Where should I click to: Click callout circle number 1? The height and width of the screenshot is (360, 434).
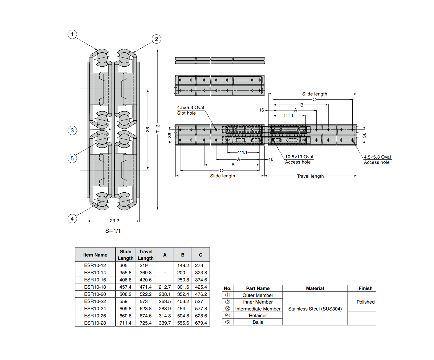[x=72, y=34]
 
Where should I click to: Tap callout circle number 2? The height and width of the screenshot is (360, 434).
[x=156, y=39]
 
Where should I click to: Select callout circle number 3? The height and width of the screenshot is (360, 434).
[x=72, y=130]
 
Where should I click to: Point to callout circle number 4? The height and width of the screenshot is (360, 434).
[x=72, y=219]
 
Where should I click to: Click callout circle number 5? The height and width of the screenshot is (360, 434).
[x=72, y=158]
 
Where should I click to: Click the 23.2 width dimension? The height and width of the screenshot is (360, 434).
[x=114, y=221]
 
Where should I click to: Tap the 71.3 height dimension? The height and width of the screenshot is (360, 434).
[x=158, y=128]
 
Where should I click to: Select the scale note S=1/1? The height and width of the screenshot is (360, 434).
[x=113, y=231]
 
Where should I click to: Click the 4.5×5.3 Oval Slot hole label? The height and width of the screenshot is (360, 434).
[x=190, y=110]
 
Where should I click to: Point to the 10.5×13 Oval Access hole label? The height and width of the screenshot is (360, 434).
[x=299, y=159]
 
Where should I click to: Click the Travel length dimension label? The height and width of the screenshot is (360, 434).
[x=310, y=176]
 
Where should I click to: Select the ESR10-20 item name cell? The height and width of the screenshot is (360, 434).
[x=95, y=294]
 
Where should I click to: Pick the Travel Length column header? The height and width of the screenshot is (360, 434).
[x=146, y=255]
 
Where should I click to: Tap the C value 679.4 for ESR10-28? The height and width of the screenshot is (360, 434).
[x=201, y=323]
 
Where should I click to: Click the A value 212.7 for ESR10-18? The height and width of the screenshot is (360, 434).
[x=165, y=287]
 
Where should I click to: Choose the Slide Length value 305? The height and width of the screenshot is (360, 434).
[x=123, y=265]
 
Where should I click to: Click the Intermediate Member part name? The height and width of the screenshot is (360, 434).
[x=258, y=309]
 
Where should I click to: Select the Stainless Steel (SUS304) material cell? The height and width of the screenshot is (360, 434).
[x=315, y=309]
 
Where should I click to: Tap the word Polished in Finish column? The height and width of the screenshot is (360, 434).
[x=365, y=302]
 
